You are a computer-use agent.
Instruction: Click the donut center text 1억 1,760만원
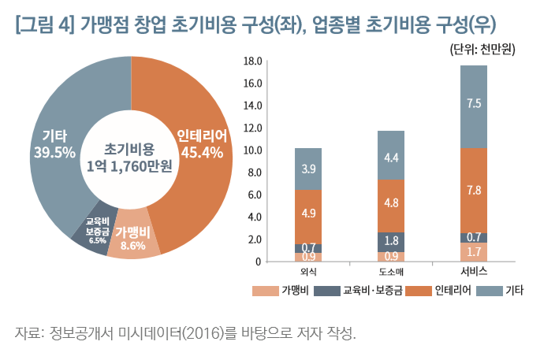(x=130, y=165)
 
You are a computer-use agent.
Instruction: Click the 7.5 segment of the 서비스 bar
(x=474, y=104)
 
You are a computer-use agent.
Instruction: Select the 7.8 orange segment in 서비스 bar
(x=474, y=190)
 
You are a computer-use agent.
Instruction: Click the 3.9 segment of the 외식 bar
(x=308, y=169)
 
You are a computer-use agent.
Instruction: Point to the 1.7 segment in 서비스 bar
(x=474, y=252)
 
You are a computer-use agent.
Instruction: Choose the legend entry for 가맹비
(x=285, y=291)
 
